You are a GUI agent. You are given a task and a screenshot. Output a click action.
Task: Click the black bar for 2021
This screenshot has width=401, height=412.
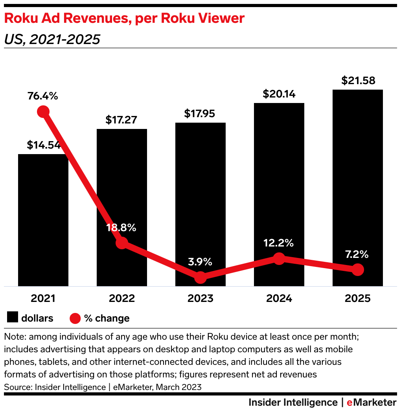tap(43, 220)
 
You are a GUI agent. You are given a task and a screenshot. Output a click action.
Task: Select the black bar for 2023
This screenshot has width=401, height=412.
tap(200, 197)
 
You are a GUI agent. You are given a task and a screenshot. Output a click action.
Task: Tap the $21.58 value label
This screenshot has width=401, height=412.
tap(358, 81)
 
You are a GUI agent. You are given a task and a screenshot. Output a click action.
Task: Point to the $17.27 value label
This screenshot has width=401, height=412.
tap(121, 120)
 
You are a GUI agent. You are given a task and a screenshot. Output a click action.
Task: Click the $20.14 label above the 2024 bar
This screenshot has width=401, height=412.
tap(279, 94)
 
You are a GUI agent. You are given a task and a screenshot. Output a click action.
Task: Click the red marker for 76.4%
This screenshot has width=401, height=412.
tap(43, 112)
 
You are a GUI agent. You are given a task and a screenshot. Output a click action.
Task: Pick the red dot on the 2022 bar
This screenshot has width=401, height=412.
tap(122, 243)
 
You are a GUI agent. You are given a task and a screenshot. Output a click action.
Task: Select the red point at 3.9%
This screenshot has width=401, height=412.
tap(200, 277)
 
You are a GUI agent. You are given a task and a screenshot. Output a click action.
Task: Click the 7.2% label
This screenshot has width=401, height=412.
tap(357, 254)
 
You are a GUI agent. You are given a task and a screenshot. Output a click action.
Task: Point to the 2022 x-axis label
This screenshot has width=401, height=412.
tap(122, 298)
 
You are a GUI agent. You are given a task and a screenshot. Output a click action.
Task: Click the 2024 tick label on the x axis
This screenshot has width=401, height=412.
tap(279, 298)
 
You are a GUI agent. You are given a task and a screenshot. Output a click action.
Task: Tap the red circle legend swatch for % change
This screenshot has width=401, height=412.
tap(75, 318)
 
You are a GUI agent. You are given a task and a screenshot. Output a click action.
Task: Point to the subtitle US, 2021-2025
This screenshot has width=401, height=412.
tap(52, 39)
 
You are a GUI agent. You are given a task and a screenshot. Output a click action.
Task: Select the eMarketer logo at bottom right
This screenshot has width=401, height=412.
tap(372, 403)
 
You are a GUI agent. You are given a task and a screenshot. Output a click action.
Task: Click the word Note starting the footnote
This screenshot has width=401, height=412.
tap(14, 337)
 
